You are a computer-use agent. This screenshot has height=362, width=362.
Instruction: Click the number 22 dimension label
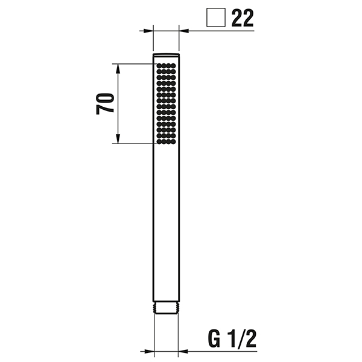(x=243, y=18)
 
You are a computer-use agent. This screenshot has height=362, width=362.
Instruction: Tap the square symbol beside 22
(x=216, y=17)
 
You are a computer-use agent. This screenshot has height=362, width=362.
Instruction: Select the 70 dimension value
(x=105, y=104)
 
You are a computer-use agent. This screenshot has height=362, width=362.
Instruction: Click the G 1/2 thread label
(x=232, y=338)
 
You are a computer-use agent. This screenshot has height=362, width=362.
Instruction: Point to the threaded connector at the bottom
(x=167, y=308)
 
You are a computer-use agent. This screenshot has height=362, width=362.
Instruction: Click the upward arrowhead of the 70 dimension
(x=118, y=69)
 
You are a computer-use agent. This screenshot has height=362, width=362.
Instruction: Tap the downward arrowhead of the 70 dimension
(x=118, y=139)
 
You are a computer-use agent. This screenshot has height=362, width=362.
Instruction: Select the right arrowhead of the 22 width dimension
(x=184, y=31)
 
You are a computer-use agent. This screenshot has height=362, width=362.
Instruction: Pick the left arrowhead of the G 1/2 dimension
(x=149, y=352)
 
